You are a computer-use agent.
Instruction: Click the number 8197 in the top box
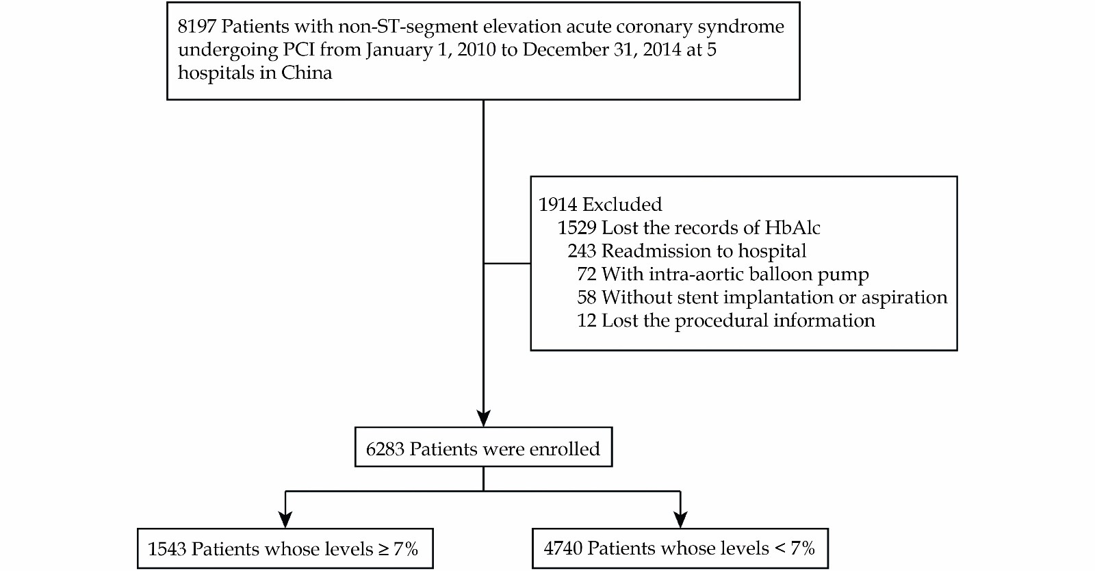click(196, 27)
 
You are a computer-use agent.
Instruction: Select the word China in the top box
click(306, 73)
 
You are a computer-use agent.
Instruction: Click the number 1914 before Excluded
click(558, 204)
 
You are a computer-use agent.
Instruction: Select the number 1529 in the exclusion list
click(578, 228)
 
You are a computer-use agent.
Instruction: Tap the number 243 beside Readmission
click(582, 251)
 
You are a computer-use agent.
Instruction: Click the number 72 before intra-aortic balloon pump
click(587, 275)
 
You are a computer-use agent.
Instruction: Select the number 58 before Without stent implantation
click(587, 297)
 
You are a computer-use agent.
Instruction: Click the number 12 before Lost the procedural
click(587, 320)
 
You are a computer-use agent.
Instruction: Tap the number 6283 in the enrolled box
click(385, 448)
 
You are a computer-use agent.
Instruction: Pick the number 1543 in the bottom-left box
click(167, 549)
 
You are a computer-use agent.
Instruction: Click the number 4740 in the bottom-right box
click(563, 548)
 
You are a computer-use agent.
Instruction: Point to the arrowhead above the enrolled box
click(483, 418)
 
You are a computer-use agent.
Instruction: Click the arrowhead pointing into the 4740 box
click(680, 519)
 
